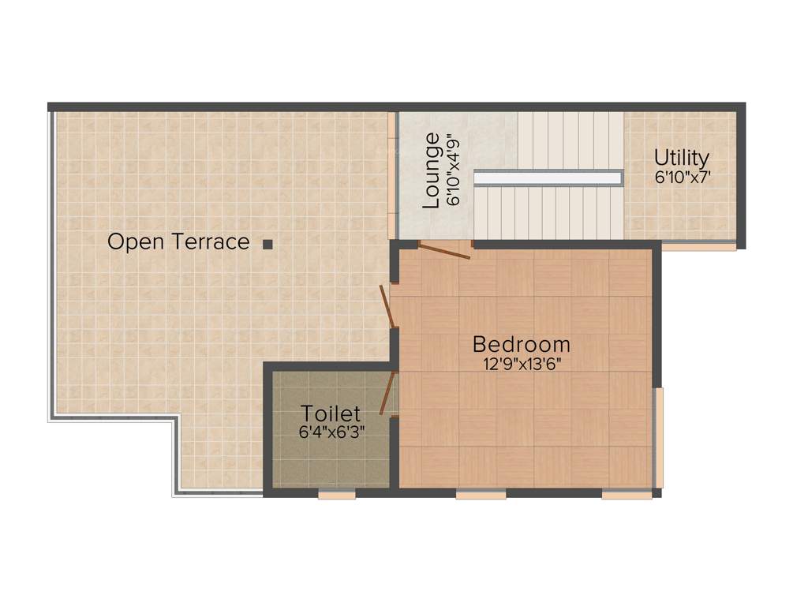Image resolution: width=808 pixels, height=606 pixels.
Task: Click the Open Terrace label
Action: point(178,241)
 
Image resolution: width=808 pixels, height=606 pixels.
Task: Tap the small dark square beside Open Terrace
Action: point(268,245)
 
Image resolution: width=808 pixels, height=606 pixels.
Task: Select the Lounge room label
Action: point(432,170)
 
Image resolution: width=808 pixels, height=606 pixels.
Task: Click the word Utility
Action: point(681,158)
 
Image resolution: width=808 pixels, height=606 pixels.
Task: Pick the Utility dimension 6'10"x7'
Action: point(681,178)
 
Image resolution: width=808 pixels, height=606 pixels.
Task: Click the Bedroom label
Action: point(521,344)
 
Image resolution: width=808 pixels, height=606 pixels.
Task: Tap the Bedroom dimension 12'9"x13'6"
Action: point(521,364)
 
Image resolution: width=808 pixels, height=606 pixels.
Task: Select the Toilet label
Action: point(331,413)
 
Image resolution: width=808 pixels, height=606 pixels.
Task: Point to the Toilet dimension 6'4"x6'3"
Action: point(331,432)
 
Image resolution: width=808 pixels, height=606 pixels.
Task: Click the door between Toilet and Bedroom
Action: point(387,393)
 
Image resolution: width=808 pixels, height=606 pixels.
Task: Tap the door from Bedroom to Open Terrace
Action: point(386,306)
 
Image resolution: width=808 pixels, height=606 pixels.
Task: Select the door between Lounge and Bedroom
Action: point(444,250)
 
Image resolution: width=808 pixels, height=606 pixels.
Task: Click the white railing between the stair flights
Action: point(548,178)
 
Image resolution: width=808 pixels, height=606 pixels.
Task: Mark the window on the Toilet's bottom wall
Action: point(337,495)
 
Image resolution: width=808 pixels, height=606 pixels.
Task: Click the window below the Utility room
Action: point(698,246)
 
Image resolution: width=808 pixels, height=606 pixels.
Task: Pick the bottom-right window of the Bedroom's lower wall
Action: point(627,495)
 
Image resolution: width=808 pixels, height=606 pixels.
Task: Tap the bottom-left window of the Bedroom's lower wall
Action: point(481,495)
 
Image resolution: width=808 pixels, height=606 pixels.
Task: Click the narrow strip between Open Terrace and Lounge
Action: point(391,175)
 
